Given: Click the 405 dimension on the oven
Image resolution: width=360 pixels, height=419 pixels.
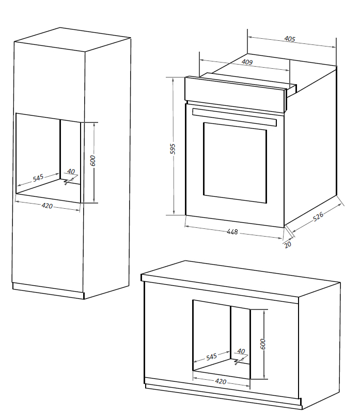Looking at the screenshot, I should click(290, 39).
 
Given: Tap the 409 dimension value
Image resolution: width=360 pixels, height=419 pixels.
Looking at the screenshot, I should click(247, 63).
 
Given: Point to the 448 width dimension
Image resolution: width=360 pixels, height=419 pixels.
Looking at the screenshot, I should click(232, 232).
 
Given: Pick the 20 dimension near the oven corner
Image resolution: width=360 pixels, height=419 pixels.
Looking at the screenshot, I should click(288, 244).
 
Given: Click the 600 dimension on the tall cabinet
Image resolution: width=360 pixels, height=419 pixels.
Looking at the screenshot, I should click(93, 161).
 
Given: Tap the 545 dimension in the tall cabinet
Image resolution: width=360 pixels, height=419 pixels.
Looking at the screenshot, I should click(38, 178).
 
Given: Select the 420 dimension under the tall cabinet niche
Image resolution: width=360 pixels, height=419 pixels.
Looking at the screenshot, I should click(47, 206).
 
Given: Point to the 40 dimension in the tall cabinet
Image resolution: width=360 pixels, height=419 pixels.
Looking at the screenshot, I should click(71, 172).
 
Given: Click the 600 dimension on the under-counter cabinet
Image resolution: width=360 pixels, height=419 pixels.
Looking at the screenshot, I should click(262, 344).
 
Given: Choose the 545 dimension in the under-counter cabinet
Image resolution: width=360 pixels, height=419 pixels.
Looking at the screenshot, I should click(211, 356).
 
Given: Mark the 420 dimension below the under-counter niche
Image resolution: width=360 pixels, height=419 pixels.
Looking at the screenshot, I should click(221, 382).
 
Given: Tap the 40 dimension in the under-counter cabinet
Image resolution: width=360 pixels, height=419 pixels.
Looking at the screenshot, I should click(241, 352).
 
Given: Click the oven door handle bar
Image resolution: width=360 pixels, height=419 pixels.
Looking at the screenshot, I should click(234, 116).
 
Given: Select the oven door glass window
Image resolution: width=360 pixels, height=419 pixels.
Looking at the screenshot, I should click(235, 163).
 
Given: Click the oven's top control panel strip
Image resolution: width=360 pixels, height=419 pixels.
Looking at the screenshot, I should click(235, 93).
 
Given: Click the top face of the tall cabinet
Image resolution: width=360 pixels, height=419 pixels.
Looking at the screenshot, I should click(72, 40).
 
